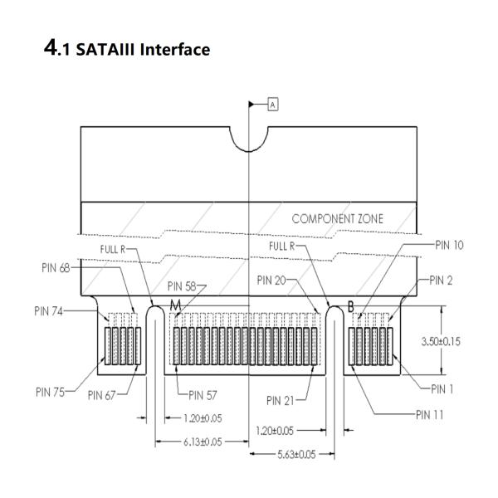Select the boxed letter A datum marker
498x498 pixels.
click(272, 104)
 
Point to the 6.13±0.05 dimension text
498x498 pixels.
click(203, 442)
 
